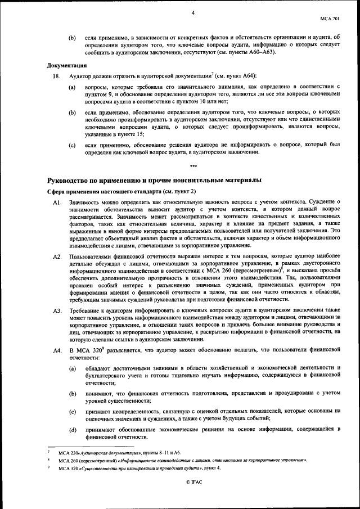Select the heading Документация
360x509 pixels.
point(66,65)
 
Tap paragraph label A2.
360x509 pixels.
point(56,256)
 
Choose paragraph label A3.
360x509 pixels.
point(56,310)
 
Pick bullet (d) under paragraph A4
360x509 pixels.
point(72,430)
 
